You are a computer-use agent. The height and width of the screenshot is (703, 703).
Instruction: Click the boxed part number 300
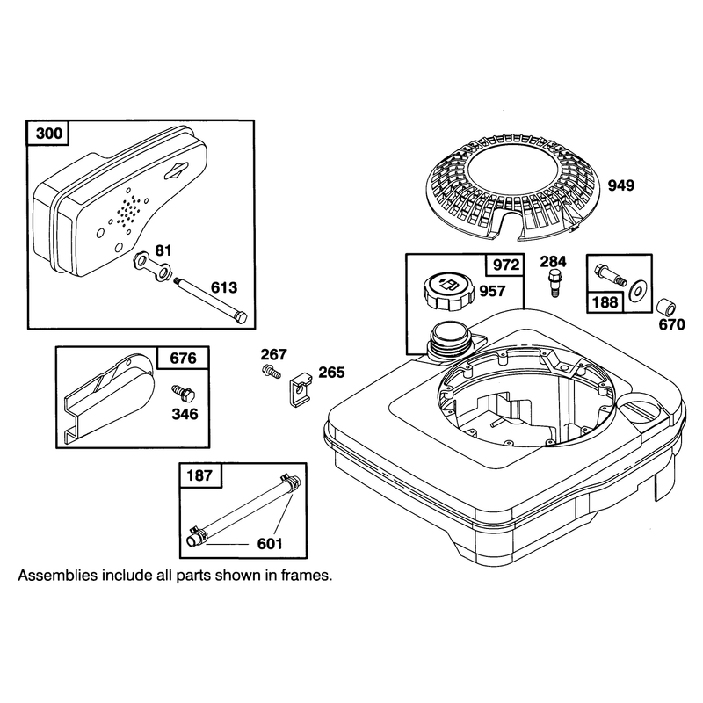pyautogui.click(x=49, y=134)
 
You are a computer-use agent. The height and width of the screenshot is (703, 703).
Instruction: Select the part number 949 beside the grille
pyautogui.click(x=621, y=185)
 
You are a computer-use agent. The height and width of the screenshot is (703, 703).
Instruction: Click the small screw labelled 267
pyautogui.click(x=271, y=371)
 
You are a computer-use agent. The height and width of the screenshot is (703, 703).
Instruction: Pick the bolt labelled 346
pyautogui.click(x=184, y=393)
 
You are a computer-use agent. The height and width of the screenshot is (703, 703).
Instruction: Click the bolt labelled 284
pyautogui.click(x=554, y=283)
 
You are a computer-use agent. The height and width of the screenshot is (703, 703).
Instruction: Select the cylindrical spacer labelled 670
pyautogui.click(x=666, y=308)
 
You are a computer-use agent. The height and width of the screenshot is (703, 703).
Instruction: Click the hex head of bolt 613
pyautogui.click(x=240, y=316)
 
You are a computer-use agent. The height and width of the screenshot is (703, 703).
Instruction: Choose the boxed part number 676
pyautogui.click(x=183, y=358)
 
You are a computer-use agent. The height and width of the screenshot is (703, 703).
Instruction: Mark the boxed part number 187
pyautogui.click(x=200, y=475)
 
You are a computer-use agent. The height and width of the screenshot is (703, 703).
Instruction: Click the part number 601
pyautogui.click(x=270, y=544)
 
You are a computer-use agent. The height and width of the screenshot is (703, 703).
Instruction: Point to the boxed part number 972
pyautogui.click(x=506, y=265)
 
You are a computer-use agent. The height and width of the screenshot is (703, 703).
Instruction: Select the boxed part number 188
pyautogui.click(x=605, y=301)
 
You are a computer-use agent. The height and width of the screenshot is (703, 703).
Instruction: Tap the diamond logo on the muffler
pyautogui.click(x=176, y=170)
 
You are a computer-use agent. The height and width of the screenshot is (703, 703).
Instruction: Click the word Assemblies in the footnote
pyautogui.click(x=57, y=575)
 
